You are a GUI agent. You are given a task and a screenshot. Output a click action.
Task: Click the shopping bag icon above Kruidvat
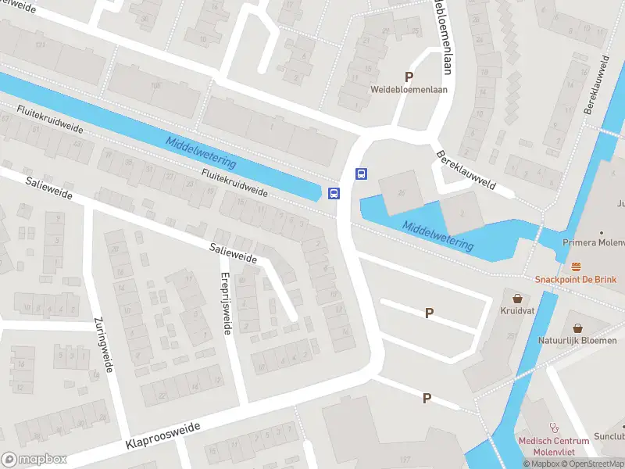click(517, 298)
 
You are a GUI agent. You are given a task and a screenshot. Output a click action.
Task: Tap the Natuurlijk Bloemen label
click(577, 340)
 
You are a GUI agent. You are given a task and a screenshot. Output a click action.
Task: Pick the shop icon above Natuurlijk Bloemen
click(577, 328)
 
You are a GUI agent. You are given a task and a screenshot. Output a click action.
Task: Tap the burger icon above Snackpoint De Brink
click(577, 267)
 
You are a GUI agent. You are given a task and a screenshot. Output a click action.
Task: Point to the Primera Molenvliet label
click(594, 242)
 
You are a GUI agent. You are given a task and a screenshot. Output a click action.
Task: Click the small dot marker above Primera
click(602, 232)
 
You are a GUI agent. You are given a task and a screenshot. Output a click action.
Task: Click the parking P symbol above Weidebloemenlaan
click(409, 77)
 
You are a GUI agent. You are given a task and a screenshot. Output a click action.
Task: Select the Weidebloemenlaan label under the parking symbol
click(409, 89)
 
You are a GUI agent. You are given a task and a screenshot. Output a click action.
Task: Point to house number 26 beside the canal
click(402, 192)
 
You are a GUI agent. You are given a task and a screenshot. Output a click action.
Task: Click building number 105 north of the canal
click(155, 85)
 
